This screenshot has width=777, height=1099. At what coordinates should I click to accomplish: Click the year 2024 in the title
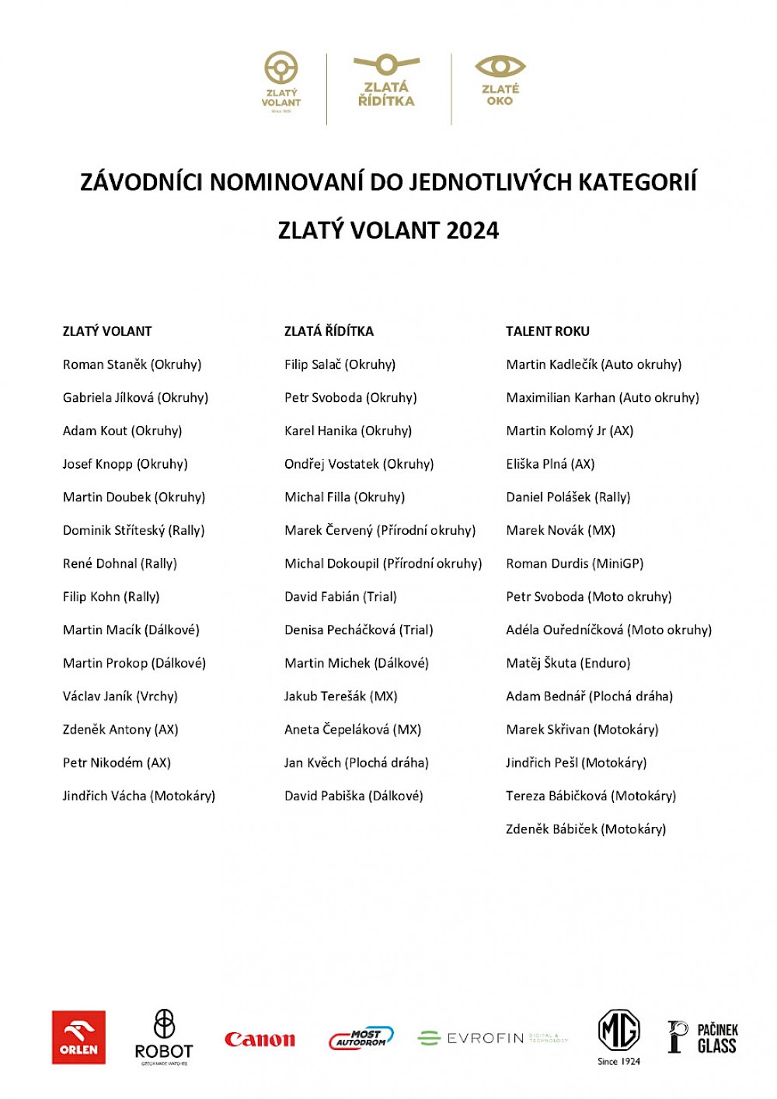click(472, 231)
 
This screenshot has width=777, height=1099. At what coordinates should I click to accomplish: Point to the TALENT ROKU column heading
click(548, 331)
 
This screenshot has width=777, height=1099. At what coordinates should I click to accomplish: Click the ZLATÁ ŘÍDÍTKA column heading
click(329, 331)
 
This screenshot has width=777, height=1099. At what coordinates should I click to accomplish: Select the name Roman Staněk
click(105, 365)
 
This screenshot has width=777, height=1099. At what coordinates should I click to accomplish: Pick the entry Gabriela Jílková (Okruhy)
click(135, 398)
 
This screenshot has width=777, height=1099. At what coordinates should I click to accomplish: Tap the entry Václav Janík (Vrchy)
click(120, 696)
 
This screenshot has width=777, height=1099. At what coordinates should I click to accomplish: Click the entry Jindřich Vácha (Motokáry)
click(138, 796)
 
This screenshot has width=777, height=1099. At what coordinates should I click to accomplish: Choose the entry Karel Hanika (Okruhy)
click(347, 431)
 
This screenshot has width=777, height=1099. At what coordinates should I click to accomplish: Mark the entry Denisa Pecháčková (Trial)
click(358, 630)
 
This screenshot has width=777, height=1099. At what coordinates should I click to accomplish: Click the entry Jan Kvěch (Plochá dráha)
click(356, 763)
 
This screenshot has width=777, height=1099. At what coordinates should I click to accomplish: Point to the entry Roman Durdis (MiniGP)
click(574, 563)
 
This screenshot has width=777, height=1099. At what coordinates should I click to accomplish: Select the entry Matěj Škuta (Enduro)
click(568, 663)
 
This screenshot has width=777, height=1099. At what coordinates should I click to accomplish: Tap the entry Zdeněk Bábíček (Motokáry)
click(585, 829)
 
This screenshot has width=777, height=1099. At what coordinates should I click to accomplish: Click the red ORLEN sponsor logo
click(78, 1038)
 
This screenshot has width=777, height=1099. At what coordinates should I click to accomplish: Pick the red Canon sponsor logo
click(260, 1039)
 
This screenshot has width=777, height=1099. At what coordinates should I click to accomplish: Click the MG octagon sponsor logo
click(618, 1031)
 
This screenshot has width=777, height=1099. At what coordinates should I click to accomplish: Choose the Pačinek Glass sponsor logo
click(702, 1038)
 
